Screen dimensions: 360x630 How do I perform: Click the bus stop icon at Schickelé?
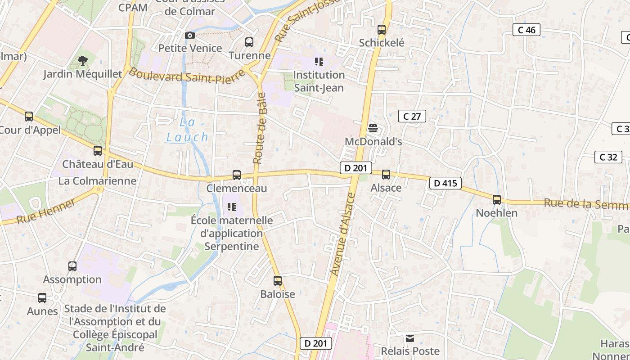click(x=382, y=30)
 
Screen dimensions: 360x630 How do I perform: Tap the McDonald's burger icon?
click(x=373, y=128)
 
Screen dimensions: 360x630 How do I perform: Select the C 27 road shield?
click(x=412, y=117)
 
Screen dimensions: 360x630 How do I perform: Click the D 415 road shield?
click(x=445, y=183)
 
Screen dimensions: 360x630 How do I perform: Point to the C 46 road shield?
click(x=526, y=30)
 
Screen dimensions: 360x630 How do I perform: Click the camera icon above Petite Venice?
click(x=190, y=35)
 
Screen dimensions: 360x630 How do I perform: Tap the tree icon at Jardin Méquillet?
click(x=82, y=60)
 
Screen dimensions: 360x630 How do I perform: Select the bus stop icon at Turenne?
click(x=249, y=42)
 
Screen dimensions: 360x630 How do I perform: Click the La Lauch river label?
click(x=188, y=130)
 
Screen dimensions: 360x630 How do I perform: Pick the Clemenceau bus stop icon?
click(x=237, y=175)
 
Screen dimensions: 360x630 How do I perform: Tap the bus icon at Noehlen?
click(x=497, y=200)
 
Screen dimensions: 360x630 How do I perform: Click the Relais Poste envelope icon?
click(x=410, y=338)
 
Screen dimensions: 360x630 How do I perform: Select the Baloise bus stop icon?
click(x=278, y=281)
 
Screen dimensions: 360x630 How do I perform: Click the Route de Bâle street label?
click(x=260, y=128)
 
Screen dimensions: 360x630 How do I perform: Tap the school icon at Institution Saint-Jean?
click(x=319, y=62)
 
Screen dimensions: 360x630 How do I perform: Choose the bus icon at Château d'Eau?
click(x=98, y=151)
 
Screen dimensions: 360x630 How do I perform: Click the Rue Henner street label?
click(x=46, y=211)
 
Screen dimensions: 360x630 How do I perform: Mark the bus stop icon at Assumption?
click(x=72, y=266)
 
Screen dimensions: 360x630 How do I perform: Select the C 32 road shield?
click(x=608, y=157)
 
